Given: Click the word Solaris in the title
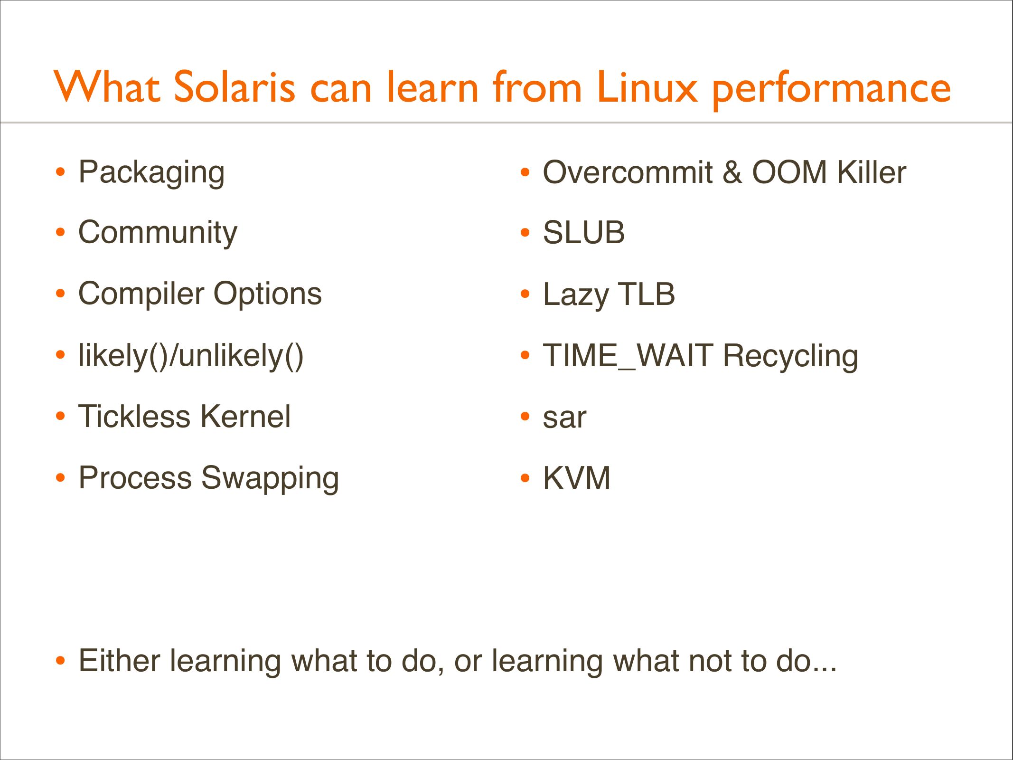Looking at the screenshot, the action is pyautogui.click(x=235, y=87).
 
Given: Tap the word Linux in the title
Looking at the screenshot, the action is pyautogui.click(x=647, y=87).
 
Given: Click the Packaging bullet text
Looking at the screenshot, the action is pyautogui.click(x=151, y=173).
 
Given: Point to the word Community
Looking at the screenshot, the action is pyautogui.click(x=158, y=234).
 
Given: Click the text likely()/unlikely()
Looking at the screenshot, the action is pyautogui.click(x=191, y=356).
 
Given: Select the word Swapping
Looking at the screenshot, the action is pyautogui.click(x=270, y=479).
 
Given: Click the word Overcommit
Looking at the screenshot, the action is pyautogui.click(x=628, y=172).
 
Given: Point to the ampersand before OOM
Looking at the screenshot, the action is pyautogui.click(x=732, y=172).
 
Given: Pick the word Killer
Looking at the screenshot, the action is pyautogui.click(x=872, y=172).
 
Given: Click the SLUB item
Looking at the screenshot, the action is pyautogui.click(x=584, y=233).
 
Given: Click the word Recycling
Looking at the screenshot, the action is pyautogui.click(x=790, y=357).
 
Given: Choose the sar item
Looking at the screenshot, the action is pyautogui.click(x=564, y=418).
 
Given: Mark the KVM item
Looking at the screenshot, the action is pyautogui.click(x=576, y=478).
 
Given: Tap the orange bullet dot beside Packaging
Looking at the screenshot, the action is pyautogui.click(x=60, y=172).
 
